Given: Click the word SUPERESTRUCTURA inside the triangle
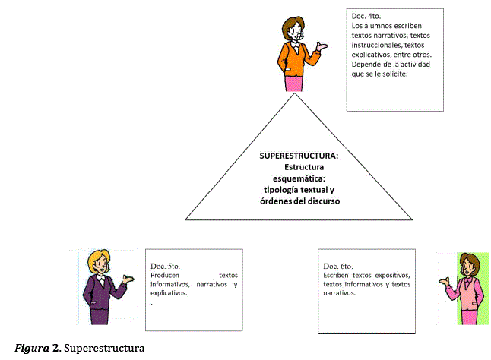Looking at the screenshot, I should click(x=299, y=156).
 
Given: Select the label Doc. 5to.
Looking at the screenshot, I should click(x=165, y=266).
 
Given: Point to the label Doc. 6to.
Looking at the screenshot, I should click(x=337, y=266).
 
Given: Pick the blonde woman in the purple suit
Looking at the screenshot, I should click(x=101, y=289).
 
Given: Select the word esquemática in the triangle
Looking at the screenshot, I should click(x=298, y=178).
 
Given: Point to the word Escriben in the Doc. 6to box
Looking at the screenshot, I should click(x=339, y=275).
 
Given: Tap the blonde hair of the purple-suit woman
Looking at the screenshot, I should click(x=98, y=258).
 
